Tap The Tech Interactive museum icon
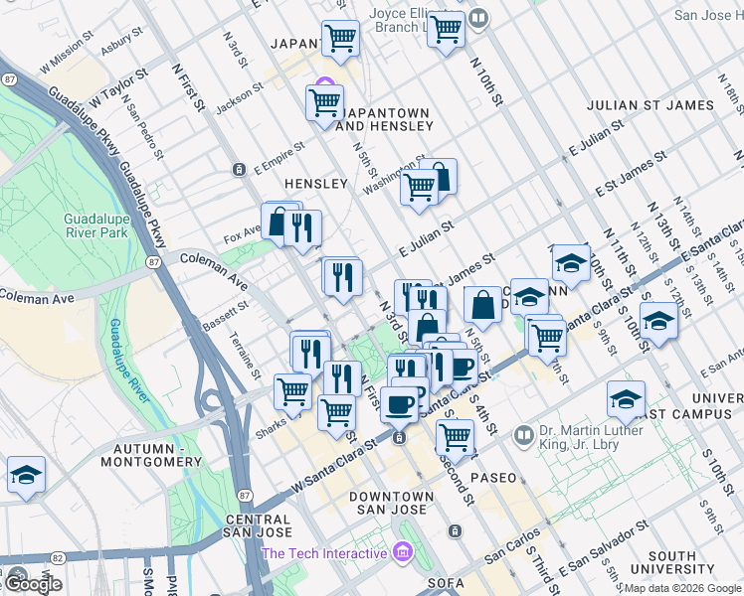point(402,551)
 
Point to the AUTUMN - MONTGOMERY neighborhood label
point(157,455)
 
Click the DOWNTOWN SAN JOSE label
point(397,503)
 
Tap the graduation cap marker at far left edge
point(24,474)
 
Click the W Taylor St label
point(118,87)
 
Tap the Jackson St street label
point(241,94)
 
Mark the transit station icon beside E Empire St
point(240,170)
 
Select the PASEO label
point(494,478)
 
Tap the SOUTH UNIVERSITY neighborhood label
point(684,562)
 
